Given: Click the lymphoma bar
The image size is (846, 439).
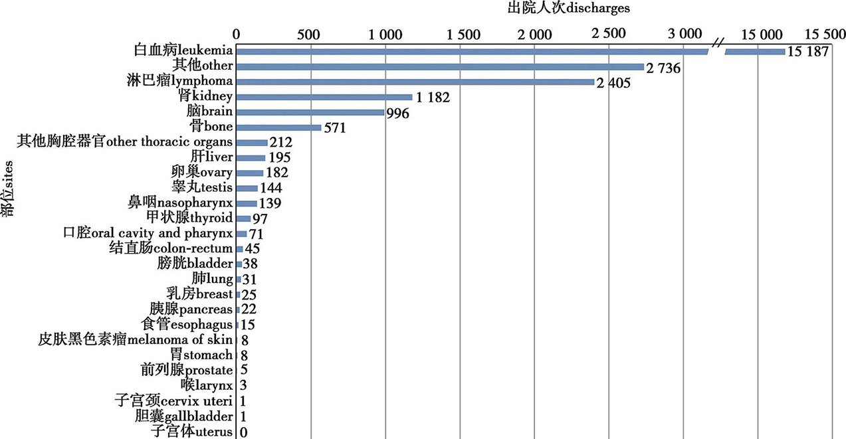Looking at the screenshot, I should tap(415, 82).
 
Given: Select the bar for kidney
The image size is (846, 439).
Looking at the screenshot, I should tap(324, 97).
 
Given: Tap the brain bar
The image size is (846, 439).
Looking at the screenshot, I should tap(310, 112).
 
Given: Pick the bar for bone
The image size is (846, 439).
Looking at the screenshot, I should tap(279, 128).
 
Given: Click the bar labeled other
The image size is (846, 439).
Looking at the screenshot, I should tap(440, 66).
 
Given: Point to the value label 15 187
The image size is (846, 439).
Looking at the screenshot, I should tap(807, 52).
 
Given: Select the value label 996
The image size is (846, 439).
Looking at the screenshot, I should tap(397, 113).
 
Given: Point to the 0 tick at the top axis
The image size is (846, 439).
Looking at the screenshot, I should tap(237, 33).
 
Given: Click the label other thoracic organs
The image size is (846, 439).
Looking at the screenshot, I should tap(125, 141).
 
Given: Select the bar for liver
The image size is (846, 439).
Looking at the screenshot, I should tap(251, 158).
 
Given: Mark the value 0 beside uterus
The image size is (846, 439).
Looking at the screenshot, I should tap(244, 432).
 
